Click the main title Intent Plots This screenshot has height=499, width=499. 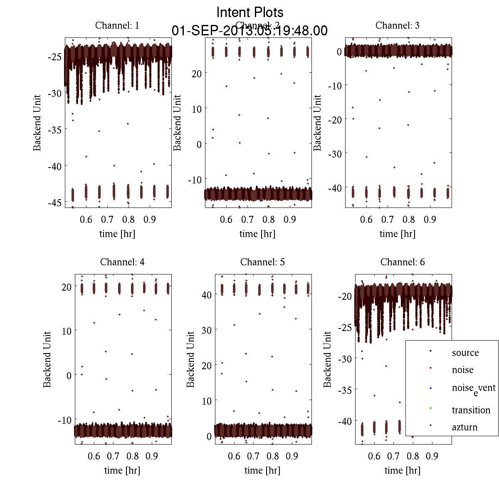(x=250, y=12)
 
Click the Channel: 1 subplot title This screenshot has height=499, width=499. (x=117, y=25)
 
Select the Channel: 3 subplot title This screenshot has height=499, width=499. (x=397, y=25)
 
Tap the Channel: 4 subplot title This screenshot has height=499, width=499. (x=122, y=262)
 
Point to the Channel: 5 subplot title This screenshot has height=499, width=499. (x=262, y=262)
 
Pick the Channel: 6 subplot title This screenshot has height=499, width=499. (x=403, y=262)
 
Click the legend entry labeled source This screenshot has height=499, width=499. (x=465, y=353)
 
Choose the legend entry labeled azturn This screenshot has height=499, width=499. (x=464, y=427)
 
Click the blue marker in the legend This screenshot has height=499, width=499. (x=430, y=388)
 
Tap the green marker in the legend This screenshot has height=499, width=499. (x=430, y=408)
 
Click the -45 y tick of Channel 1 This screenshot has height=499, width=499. (x=55, y=203)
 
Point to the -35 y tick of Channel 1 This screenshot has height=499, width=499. (x=55, y=130)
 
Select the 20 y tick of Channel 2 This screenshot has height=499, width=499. (x=197, y=74)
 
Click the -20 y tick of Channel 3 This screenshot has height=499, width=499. (x=335, y=120)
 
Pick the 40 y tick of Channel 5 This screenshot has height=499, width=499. (x=207, y=295)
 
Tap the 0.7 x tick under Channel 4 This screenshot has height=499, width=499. (x=113, y=456)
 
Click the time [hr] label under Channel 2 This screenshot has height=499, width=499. (x=257, y=234)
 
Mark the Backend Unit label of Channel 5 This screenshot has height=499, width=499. (x=190, y=359)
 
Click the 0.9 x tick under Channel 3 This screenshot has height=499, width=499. (x=430, y=220)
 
